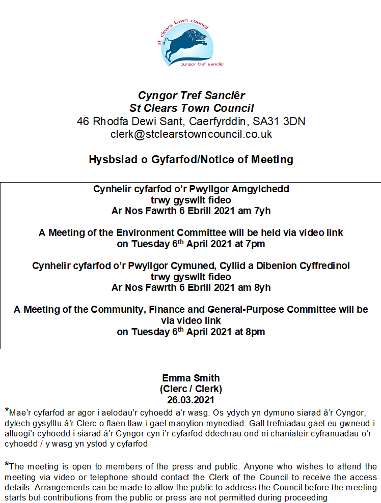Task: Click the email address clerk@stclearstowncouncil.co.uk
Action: pyautogui.click(x=191, y=135)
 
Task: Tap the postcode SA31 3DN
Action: pyautogui.click(x=283, y=122)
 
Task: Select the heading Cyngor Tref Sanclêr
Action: pyautogui.click(x=191, y=96)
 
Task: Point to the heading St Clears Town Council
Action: pyautogui.click(x=191, y=108)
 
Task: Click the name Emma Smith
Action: pyautogui.click(x=191, y=378)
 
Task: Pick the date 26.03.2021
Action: pyautogui.click(x=191, y=400)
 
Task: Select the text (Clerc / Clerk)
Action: pyautogui.click(x=191, y=389)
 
